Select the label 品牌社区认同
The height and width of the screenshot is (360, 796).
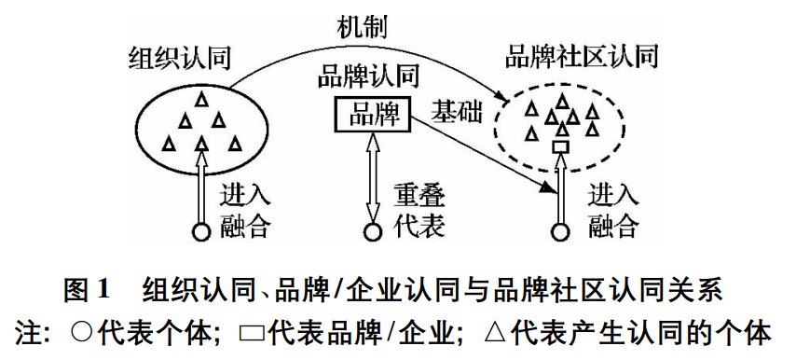(581, 56)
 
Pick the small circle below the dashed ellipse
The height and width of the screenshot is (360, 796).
(561, 231)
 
